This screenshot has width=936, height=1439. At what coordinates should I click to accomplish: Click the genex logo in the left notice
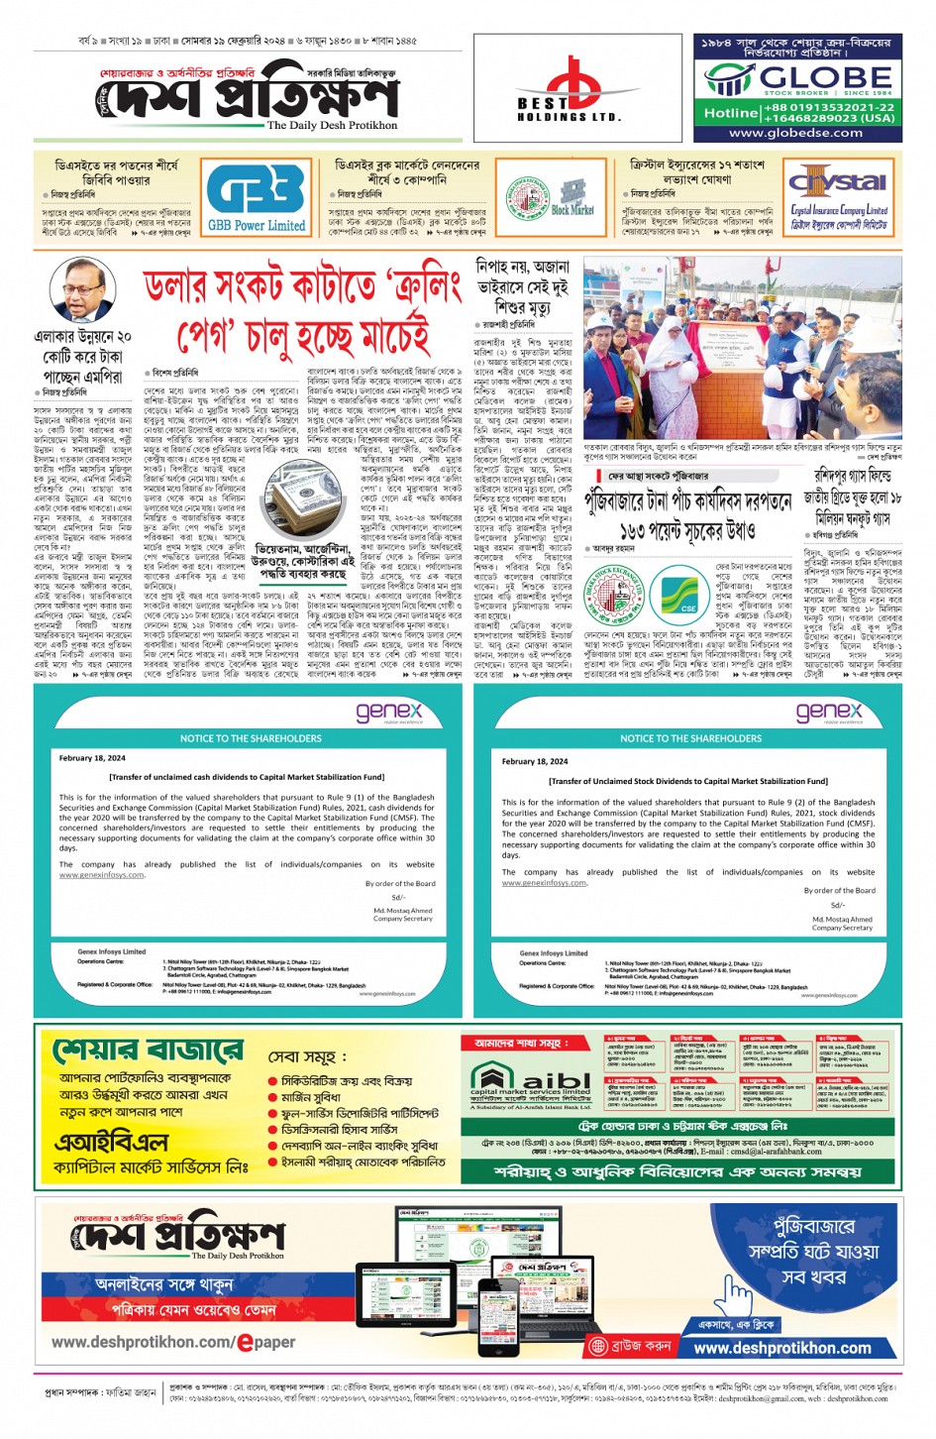[x=389, y=712]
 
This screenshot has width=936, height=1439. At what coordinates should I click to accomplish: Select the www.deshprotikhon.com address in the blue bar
[x=782, y=1348]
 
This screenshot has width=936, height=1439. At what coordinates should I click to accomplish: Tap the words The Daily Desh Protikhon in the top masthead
[x=332, y=126]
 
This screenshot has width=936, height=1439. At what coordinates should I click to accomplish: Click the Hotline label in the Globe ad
[x=730, y=113]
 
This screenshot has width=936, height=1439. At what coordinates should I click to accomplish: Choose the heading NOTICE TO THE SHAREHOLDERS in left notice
[x=251, y=738]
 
